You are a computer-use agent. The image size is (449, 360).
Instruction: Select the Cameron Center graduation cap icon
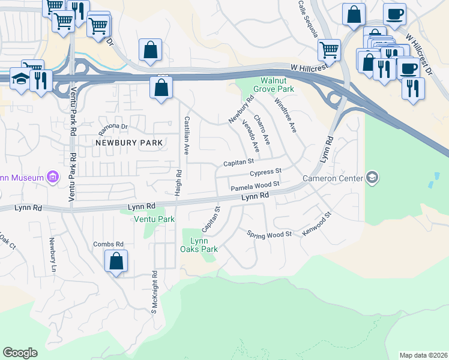click(373, 177)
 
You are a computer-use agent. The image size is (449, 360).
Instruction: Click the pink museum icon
click(53, 177)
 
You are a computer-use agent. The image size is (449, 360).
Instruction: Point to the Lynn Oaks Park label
click(200, 245)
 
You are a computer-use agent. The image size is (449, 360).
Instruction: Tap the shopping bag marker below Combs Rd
click(116, 261)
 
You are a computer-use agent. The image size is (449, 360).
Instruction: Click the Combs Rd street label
click(108, 244)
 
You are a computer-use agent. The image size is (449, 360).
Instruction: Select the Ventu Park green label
click(154, 220)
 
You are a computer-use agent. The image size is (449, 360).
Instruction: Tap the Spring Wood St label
click(269, 233)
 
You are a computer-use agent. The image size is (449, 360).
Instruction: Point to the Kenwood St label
click(317, 223)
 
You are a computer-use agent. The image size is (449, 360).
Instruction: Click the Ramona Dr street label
click(113, 127)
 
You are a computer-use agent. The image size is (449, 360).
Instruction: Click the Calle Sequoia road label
click(308, 19)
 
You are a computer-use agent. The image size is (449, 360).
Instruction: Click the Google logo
click(20, 352)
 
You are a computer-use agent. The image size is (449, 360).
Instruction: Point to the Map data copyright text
click(423, 355)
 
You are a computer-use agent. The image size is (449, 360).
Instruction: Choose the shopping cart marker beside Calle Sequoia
click(329, 50)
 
